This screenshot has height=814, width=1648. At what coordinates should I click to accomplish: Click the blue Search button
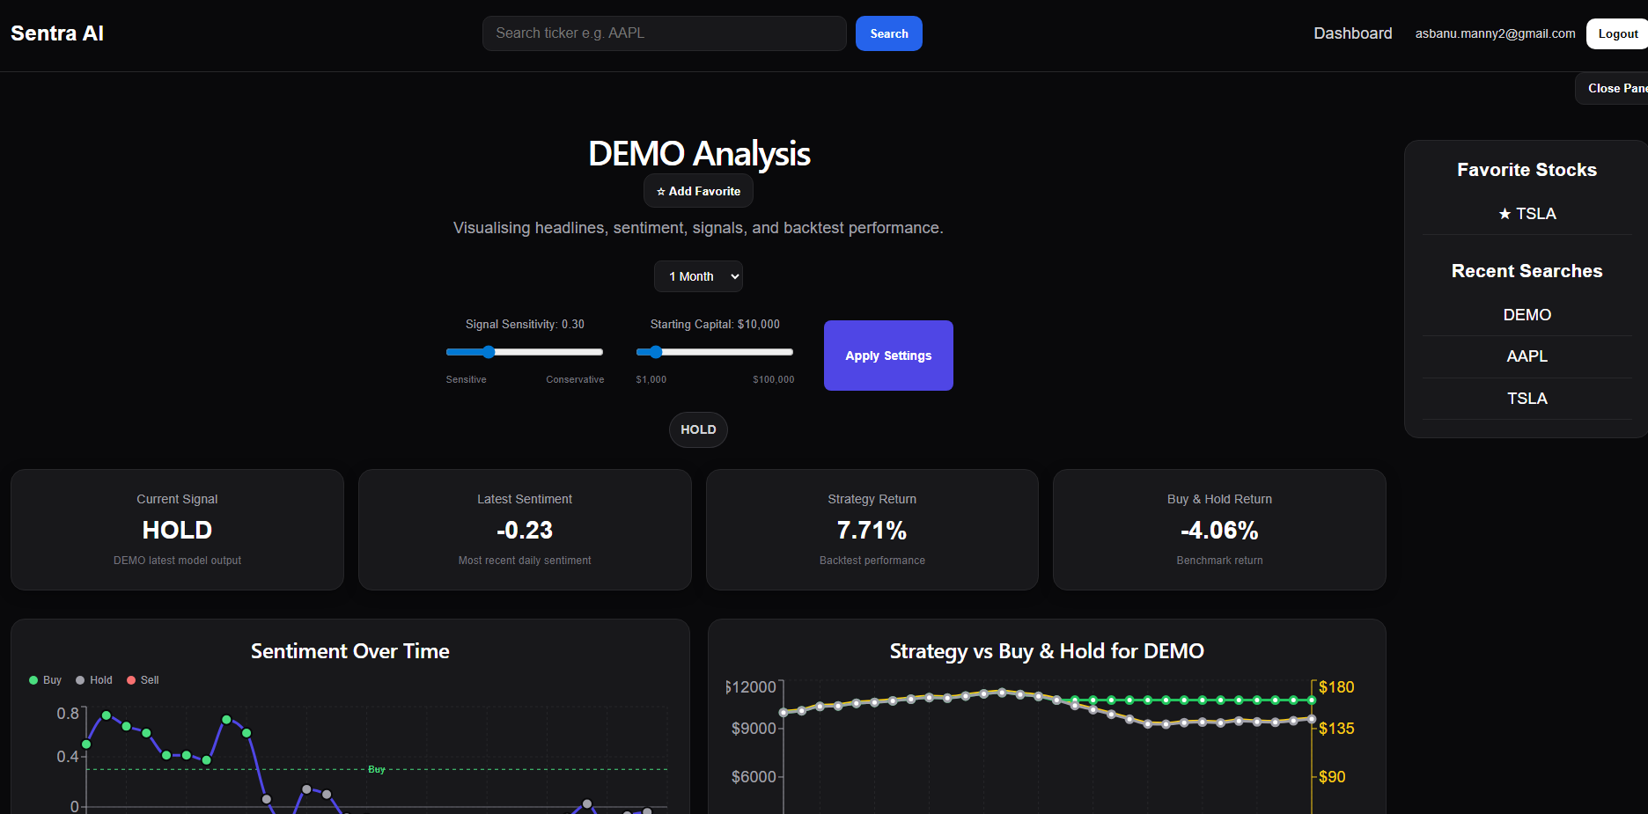tap(888, 33)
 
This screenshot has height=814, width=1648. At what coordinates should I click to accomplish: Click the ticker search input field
tap(664, 33)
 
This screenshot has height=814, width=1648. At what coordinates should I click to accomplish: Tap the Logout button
tap(1617, 33)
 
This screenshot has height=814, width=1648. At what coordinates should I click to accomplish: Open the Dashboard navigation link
tap(1352, 33)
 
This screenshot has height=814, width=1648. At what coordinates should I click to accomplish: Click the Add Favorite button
tap(698, 191)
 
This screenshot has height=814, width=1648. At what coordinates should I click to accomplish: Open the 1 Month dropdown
tap(698, 276)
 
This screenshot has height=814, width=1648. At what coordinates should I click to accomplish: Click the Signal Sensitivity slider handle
tap(489, 352)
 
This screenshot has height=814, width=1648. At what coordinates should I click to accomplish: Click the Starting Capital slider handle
tap(655, 352)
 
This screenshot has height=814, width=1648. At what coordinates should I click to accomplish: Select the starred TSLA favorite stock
tap(1527, 214)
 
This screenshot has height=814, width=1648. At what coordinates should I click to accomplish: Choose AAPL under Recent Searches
tap(1527, 356)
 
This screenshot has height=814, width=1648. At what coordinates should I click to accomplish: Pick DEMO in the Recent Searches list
tap(1527, 315)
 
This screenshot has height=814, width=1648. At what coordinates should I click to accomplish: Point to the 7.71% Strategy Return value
tap(872, 531)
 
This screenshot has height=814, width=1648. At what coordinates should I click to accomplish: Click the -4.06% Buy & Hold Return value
tap(1219, 531)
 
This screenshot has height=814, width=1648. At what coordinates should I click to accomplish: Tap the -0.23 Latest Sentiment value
tap(525, 531)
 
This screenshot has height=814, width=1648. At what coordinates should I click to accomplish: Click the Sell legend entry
tap(143, 680)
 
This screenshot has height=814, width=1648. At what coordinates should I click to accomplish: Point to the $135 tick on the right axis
tap(1335, 729)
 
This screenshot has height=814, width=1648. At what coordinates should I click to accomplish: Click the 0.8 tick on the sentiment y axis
tap(68, 714)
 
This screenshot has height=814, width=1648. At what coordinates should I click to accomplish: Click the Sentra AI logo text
tap(57, 33)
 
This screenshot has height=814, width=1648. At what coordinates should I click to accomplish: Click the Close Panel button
tap(1615, 88)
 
